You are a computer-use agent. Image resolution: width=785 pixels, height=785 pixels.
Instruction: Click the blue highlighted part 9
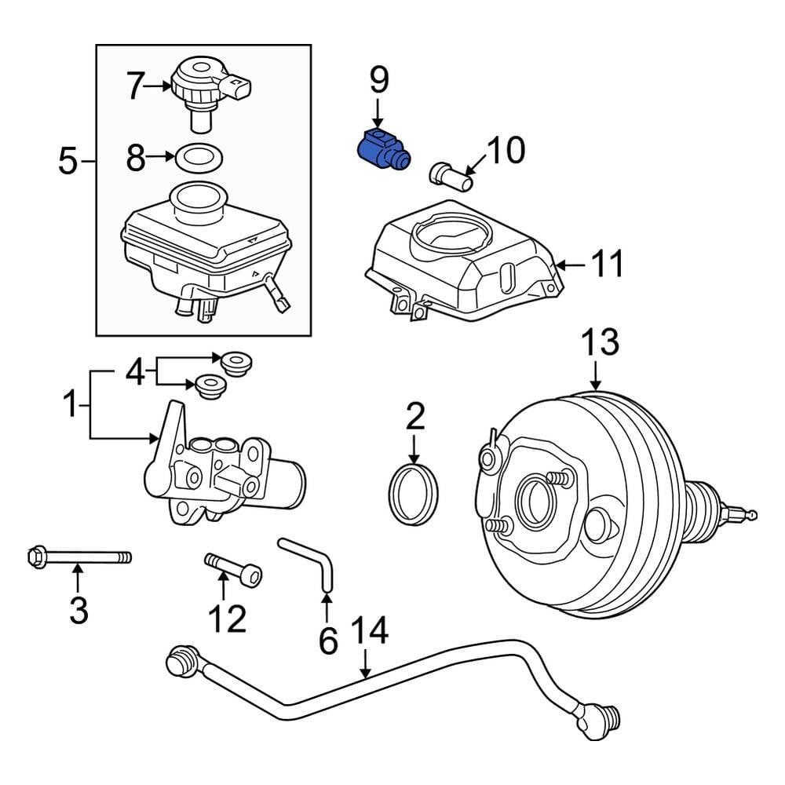pyautogui.click(x=379, y=150)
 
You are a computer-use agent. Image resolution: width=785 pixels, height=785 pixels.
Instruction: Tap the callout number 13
pyautogui.click(x=599, y=344)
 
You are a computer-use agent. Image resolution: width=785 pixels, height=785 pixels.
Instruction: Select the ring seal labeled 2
pyautogui.click(x=414, y=494)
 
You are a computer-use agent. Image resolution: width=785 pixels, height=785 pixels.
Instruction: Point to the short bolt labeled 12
pyautogui.click(x=233, y=568)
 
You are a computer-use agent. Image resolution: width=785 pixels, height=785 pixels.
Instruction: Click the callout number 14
pyautogui.click(x=368, y=632)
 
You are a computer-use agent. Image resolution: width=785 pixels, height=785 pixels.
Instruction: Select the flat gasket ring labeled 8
pyautogui.click(x=196, y=157)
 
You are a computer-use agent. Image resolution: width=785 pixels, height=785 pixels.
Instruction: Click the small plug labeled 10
pyautogui.click(x=450, y=174)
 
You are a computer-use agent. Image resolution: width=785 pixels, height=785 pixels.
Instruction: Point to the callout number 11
pyautogui.click(x=609, y=265)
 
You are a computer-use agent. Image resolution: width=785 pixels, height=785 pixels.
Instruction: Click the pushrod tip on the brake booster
pyautogui.click(x=752, y=515)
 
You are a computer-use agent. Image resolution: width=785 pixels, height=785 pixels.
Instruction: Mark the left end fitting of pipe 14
pyautogui.click(x=182, y=659)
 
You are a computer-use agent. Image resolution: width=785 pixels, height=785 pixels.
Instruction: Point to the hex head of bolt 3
pyautogui.click(x=35, y=557)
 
